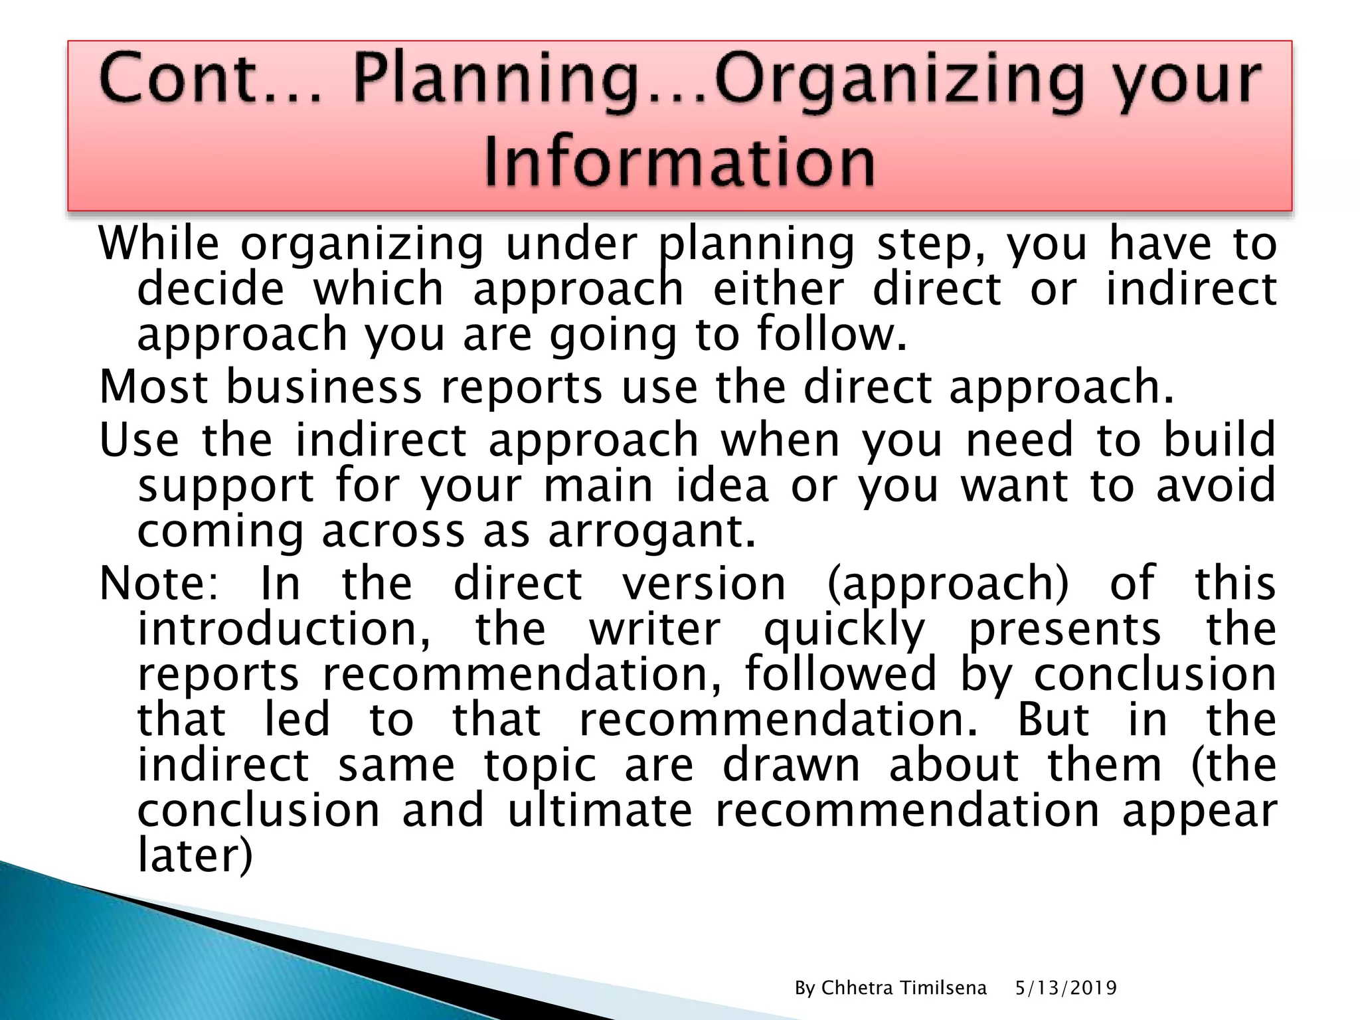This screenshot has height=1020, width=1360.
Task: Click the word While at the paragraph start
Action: click(x=158, y=243)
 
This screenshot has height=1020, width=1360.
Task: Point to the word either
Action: click(x=778, y=289)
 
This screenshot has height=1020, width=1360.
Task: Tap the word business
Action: click(x=324, y=386)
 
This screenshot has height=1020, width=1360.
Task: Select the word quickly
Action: click(x=843, y=630)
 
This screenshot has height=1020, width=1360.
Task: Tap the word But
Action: click(x=1053, y=719)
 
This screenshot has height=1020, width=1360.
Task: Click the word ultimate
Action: click(x=600, y=810)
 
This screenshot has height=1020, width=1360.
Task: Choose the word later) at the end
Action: click(x=195, y=855)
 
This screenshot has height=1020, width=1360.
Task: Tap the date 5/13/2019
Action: click(x=1066, y=988)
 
